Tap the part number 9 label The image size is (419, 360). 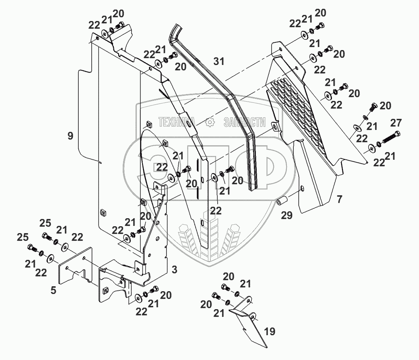70,135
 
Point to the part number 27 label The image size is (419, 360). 396,123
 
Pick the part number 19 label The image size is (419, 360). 269,331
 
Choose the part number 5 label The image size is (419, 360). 53,290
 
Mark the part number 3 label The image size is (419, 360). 174,270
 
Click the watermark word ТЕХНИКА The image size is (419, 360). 176,122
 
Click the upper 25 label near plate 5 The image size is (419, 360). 45,222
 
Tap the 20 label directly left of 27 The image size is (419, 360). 385,106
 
